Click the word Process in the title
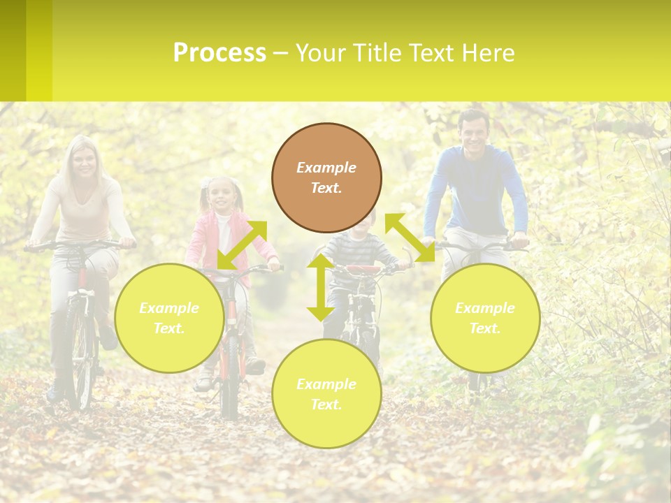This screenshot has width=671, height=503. tap(219, 53)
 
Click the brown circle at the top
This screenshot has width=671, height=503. tap(326, 177)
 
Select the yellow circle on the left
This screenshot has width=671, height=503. tap(169, 318)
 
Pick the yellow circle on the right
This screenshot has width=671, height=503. tap(485, 318)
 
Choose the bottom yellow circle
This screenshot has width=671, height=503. tap(326, 393)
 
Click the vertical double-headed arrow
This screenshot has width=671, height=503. tap(321, 288)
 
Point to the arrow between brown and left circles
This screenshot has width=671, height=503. tap(242, 245)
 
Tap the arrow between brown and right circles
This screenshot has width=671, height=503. tap(410, 238)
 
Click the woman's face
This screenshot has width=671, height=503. tap(85, 162)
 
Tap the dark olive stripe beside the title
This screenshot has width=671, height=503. tap(13, 50)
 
